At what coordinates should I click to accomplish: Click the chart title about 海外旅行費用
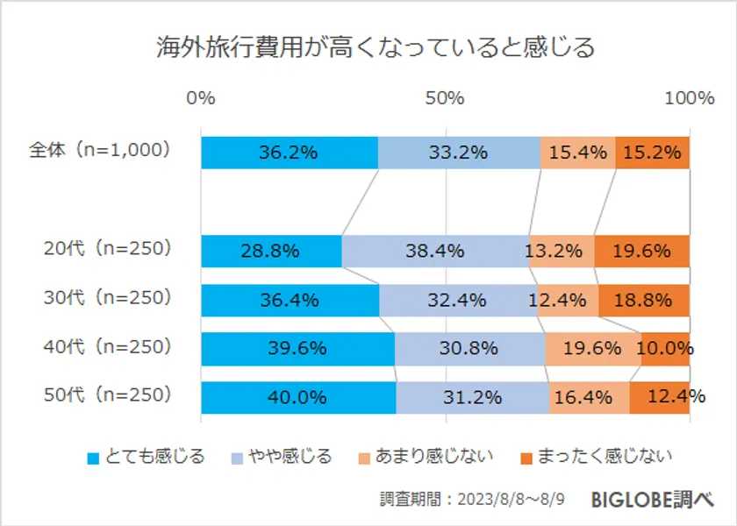tap(376, 47)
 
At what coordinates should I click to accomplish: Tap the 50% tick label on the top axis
tap(445, 98)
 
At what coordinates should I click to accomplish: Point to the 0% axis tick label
tap(201, 98)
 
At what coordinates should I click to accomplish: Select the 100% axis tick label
tap(689, 98)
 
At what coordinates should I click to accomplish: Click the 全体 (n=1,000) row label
tap(98, 150)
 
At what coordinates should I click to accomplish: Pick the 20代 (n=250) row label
tap(106, 248)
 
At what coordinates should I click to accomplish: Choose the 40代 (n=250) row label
tap(106, 346)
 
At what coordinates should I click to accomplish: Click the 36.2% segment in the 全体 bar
tap(289, 153)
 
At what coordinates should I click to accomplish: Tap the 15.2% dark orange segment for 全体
tap(652, 153)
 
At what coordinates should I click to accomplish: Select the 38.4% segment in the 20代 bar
tap(435, 251)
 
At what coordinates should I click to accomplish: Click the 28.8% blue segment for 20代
tap(270, 251)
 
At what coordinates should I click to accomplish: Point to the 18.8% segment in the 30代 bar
tap(644, 300)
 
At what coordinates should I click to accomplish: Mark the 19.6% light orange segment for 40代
tap(593, 349)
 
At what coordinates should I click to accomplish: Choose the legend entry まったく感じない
tap(596, 457)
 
